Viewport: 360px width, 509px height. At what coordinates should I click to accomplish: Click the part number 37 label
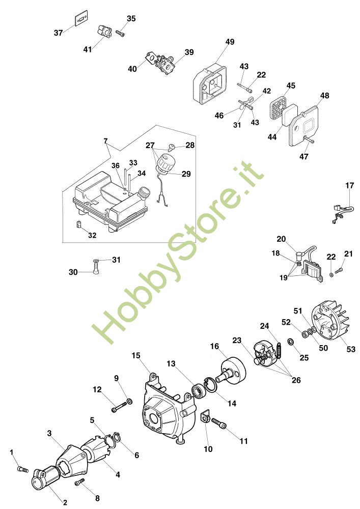pyautogui.click(x=58, y=33)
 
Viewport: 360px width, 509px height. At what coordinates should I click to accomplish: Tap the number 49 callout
pyautogui.click(x=230, y=42)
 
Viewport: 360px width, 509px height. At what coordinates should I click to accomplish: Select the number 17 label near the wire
pyautogui.click(x=350, y=186)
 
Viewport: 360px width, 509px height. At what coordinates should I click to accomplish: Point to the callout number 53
pyautogui.click(x=351, y=349)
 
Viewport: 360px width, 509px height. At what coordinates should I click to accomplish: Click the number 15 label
pyautogui.click(x=136, y=355)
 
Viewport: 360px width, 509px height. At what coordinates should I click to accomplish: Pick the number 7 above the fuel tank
pyautogui.click(x=105, y=140)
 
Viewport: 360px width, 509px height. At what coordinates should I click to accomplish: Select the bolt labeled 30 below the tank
pyautogui.click(x=96, y=267)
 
